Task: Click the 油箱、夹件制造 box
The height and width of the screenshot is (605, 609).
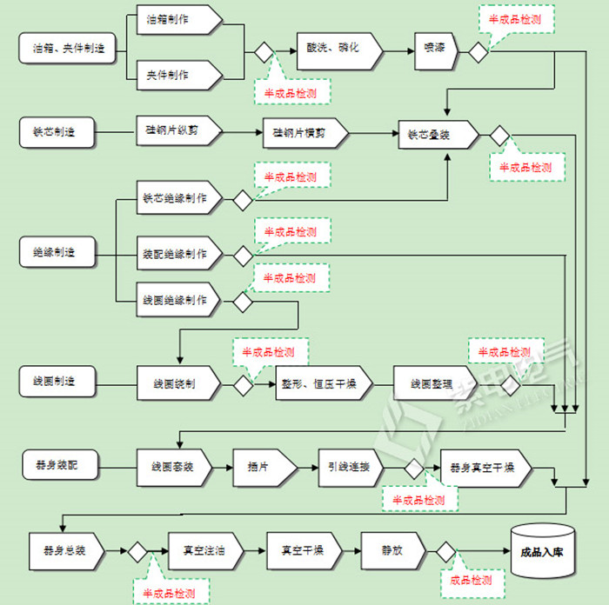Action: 62,49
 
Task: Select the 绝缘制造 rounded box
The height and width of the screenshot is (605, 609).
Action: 55,253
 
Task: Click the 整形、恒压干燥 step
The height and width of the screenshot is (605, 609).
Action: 323,383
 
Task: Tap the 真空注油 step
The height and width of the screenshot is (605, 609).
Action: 204,551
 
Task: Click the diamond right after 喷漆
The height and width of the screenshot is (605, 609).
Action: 478,51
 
